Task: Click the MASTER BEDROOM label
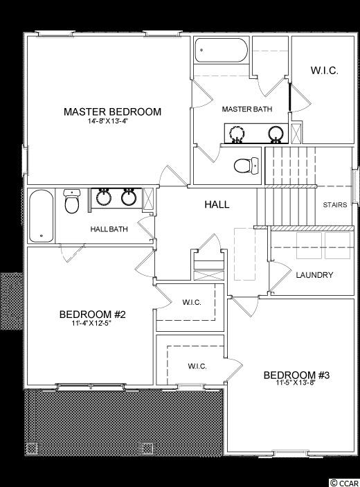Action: click(112, 112)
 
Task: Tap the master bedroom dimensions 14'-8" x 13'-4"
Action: click(108, 121)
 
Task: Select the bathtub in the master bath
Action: click(222, 50)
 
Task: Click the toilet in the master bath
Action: click(246, 166)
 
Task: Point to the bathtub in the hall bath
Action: click(41, 216)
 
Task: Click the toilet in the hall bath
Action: click(72, 202)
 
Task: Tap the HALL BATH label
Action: click(109, 229)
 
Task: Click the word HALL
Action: click(217, 204)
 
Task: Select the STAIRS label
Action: click(335, 205)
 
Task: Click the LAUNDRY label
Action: click(314, 275)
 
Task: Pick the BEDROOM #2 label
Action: click(93, 315)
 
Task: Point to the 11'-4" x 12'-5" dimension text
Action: click(91, 324)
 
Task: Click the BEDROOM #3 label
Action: click(297, 375)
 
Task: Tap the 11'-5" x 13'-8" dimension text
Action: click(296, 382)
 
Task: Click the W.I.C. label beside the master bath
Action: click(324, 70)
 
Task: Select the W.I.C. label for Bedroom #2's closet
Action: click(192, 302)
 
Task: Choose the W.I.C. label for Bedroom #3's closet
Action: click(197, 366)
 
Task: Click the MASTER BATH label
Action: click(247, 109)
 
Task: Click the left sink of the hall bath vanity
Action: click(104, 197)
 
